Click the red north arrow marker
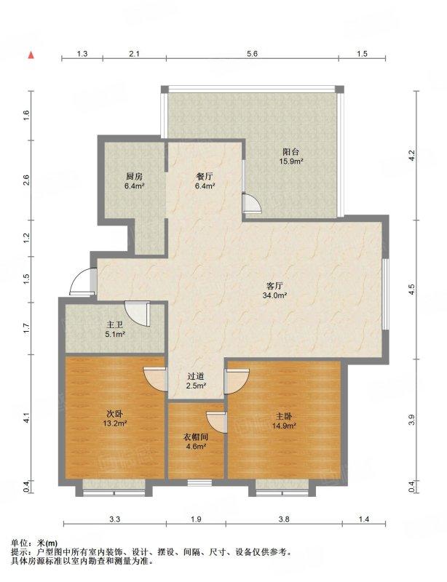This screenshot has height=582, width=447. (x=31, y=55)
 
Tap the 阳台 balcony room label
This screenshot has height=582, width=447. (x=290, y=152)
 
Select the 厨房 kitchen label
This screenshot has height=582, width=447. (x=134, y=176)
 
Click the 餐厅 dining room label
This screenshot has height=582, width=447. (x=204, y=177)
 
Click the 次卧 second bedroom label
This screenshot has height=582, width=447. (x=115, y=414)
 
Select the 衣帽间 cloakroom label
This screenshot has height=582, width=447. (x=195, y=437)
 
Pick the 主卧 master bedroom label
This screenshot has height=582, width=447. (x=284, y=416)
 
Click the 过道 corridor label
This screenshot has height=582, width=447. (x=196, y=376)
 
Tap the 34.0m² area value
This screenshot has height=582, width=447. (x=275, y=295)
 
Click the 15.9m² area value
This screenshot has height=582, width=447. (x=291, y=162)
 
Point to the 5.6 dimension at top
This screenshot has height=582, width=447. (x=252, y=54)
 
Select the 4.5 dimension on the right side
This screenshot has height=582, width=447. (x=411, y=290)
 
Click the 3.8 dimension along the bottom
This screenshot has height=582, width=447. (x=284, y=519)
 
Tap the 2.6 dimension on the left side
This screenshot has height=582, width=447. (x=26, y=180)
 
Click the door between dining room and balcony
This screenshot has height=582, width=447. (x=251, y=204)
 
